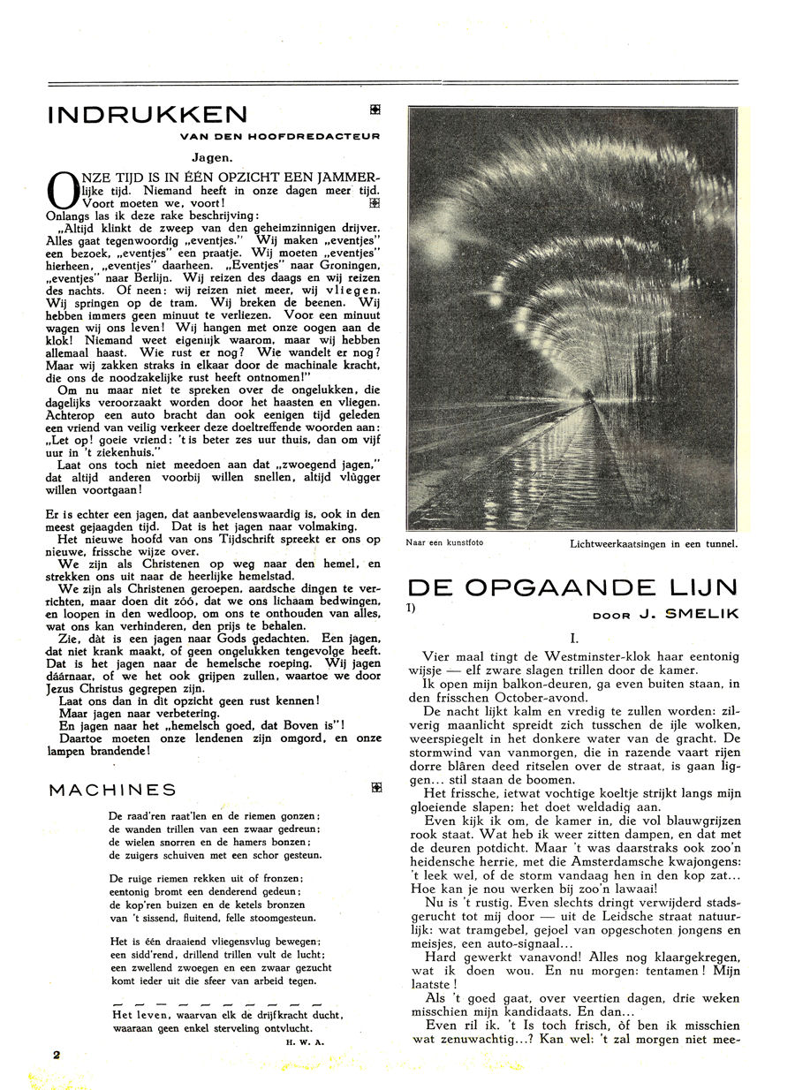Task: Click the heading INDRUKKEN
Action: click(148, 115)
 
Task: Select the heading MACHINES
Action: click(112, 791)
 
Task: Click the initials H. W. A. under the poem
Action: click(307, 1042)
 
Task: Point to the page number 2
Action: click(56, 1055)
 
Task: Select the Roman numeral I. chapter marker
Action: click(573, 637)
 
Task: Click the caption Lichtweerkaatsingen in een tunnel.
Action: click(654, 544)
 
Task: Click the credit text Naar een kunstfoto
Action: click(444, 542)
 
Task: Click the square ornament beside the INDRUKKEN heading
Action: click(375, 110)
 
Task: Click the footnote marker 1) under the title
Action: click(412, 608)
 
